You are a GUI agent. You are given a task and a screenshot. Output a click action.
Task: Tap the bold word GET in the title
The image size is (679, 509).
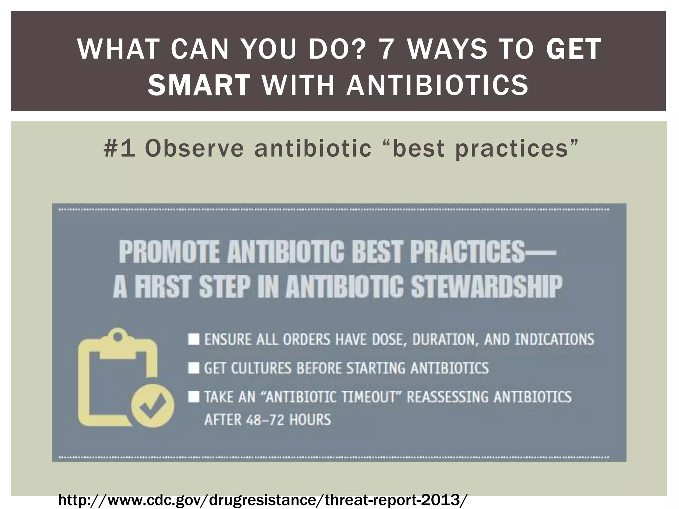pos(574,49)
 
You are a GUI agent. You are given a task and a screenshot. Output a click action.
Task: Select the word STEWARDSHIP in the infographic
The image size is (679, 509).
pos(486,287)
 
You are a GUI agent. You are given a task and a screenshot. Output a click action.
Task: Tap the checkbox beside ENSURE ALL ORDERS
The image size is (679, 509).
pos(194,339)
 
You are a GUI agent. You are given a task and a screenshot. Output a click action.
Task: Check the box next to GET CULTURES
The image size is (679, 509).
pos(194,368)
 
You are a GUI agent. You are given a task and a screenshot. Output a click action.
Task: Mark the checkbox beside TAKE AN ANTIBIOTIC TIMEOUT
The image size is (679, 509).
pos(194,397)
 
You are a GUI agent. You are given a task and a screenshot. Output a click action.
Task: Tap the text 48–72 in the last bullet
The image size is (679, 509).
pos(265,420)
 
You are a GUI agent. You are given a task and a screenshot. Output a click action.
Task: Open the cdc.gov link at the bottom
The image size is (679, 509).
pos(263,499)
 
